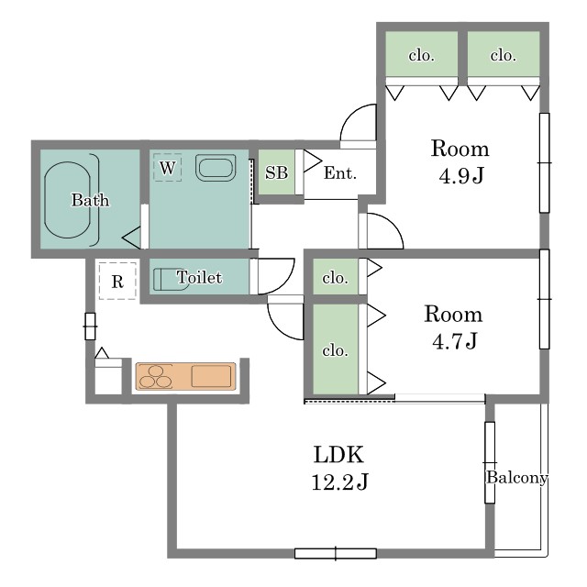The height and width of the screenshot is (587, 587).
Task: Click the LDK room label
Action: (x=338, y=455)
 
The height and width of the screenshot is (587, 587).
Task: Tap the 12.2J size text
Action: (x=340, y=482)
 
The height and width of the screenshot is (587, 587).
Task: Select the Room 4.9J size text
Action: (x=461, y=175)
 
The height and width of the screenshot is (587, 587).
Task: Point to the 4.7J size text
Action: (x=455, y=340)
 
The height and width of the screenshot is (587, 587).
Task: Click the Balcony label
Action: (x=517, y=478)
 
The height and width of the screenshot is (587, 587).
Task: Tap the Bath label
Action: (x=90, y=200)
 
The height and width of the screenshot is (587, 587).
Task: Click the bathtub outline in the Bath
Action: (x=67, y=200)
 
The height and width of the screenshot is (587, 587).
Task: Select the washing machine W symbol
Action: (x=167, y=167)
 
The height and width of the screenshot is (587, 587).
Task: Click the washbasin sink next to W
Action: (x=216, y=167)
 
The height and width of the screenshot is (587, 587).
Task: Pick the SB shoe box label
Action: (x=276, y=172)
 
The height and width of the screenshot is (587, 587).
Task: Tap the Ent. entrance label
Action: (x=340, y=173)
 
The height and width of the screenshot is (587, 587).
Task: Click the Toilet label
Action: (x=199, y=277)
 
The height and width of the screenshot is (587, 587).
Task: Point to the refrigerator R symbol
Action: (x=117, y=282)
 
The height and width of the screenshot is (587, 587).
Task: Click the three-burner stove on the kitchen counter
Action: (x=155, y=377)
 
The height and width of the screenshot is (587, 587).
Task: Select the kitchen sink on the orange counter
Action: (x=211, y=376)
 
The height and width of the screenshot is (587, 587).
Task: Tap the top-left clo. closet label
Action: (x=422, y=55)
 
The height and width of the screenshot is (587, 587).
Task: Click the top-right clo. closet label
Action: (x=504, y=55)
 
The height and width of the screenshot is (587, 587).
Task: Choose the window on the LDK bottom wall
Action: (x=336, y=553)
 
